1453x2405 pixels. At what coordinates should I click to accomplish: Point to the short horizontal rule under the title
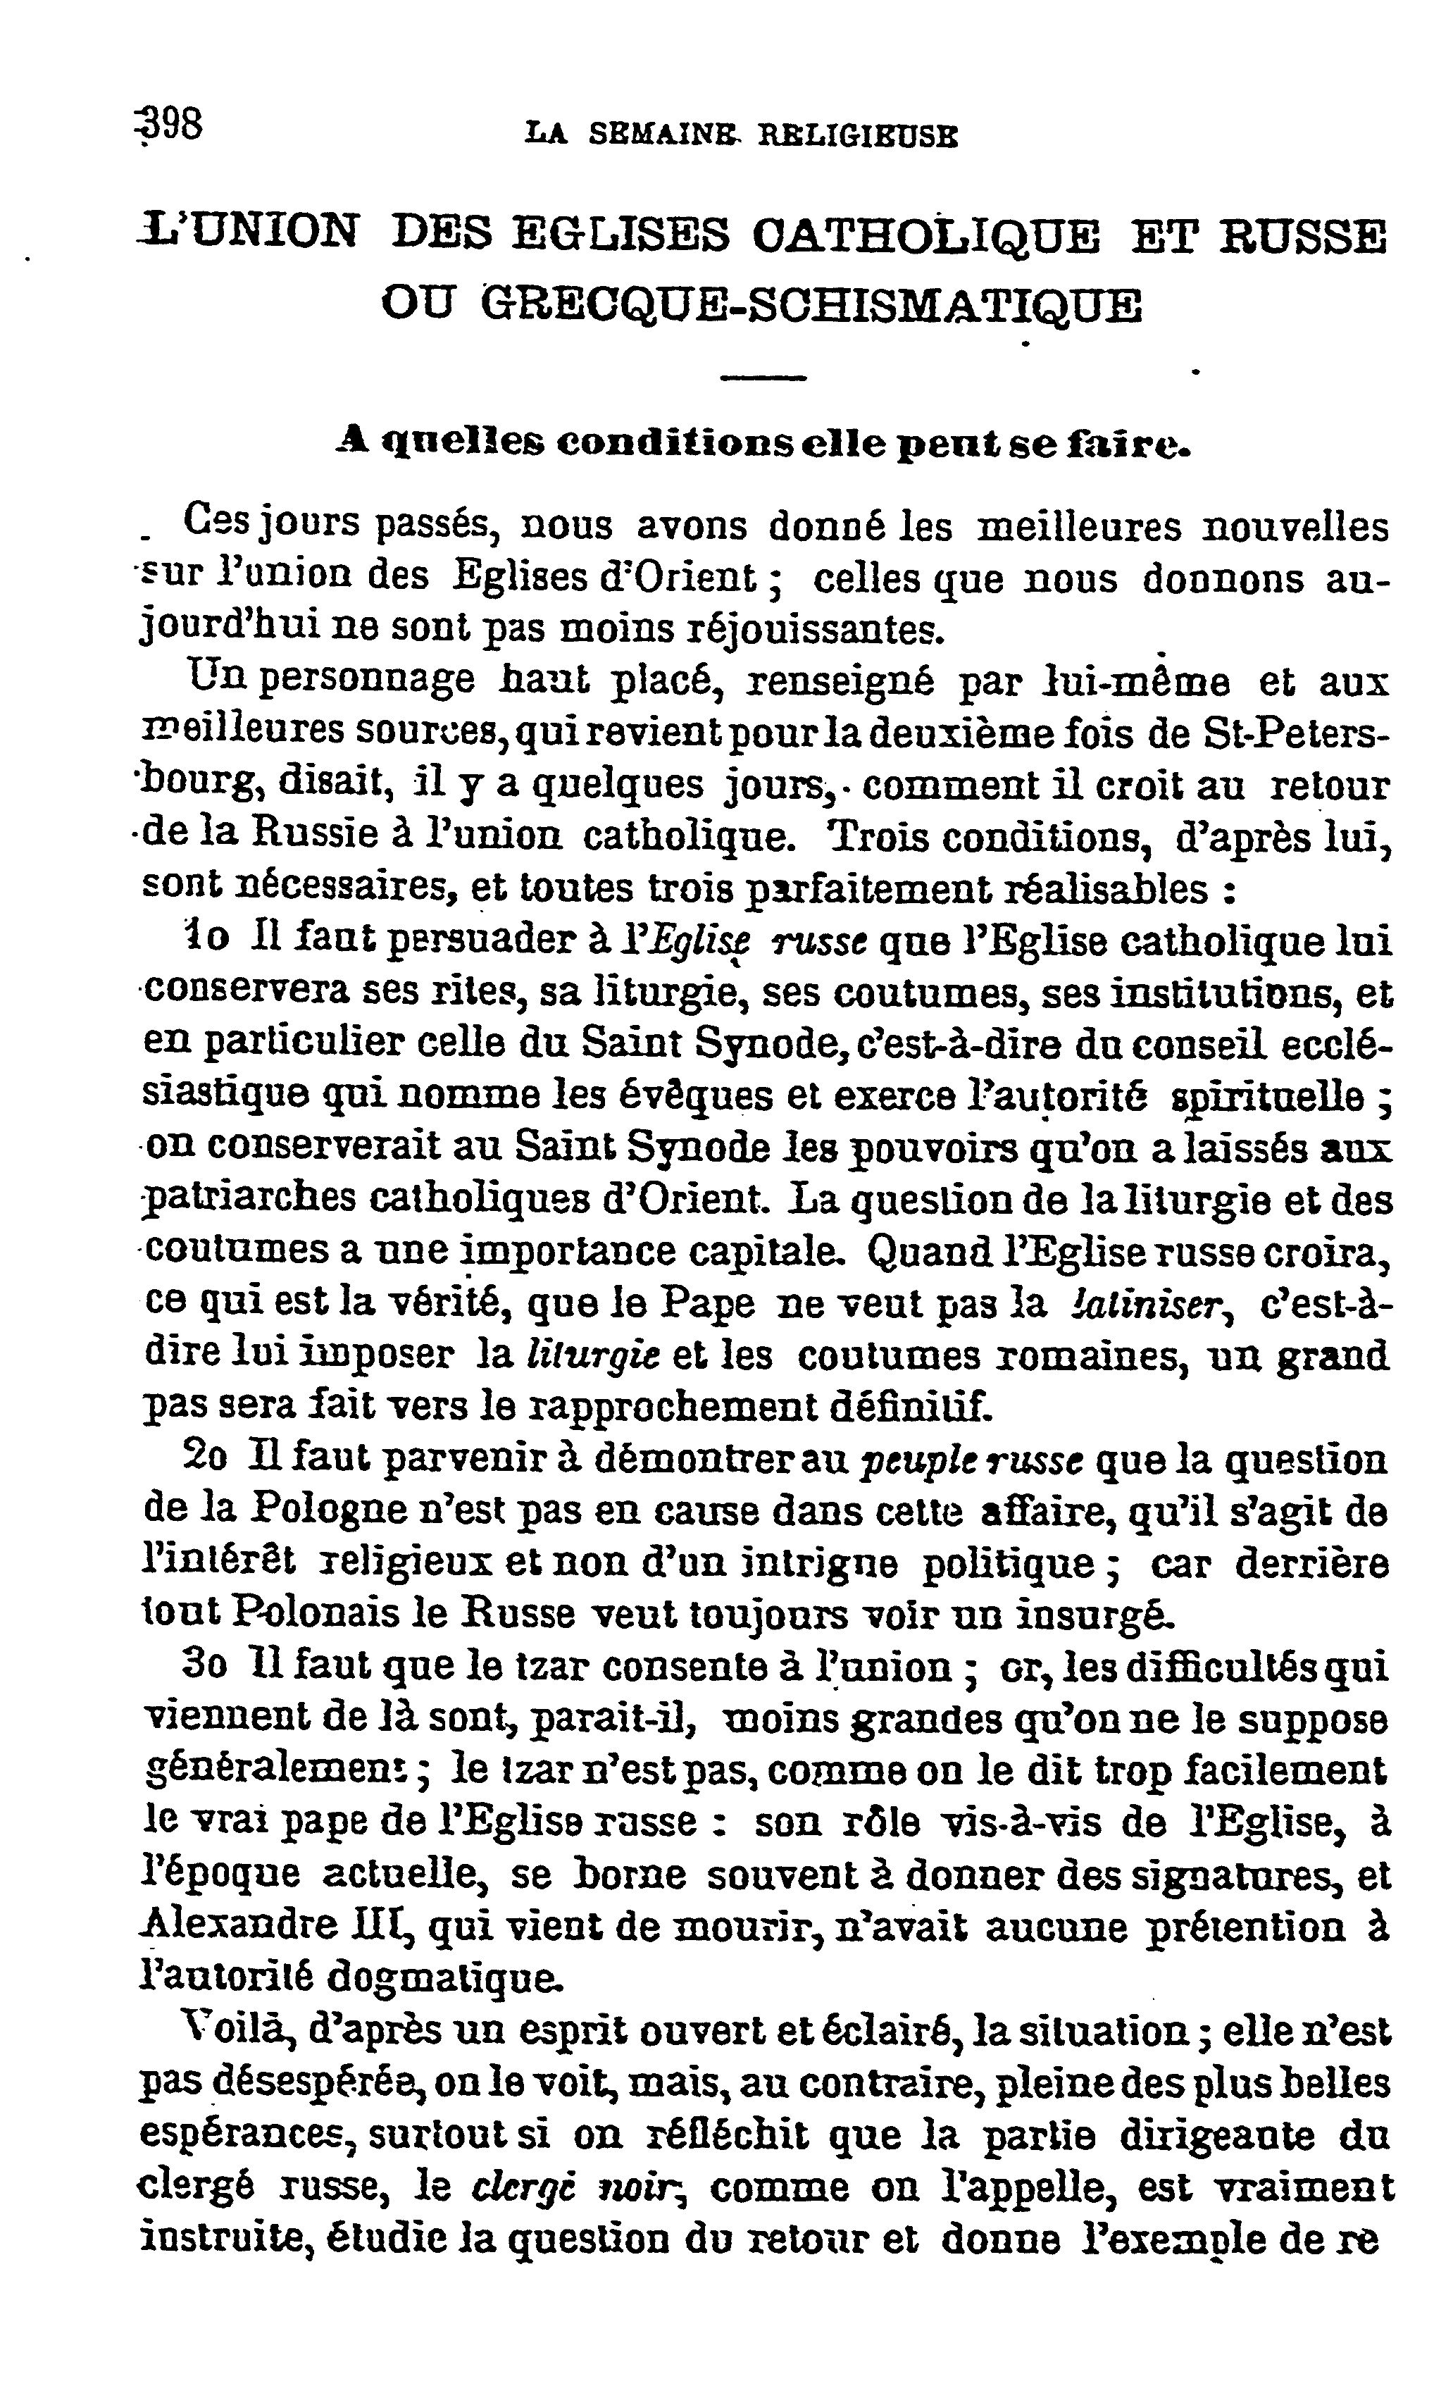click(x=763, y=378)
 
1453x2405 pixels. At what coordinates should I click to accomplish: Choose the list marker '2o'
click(x=206, y=1459)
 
